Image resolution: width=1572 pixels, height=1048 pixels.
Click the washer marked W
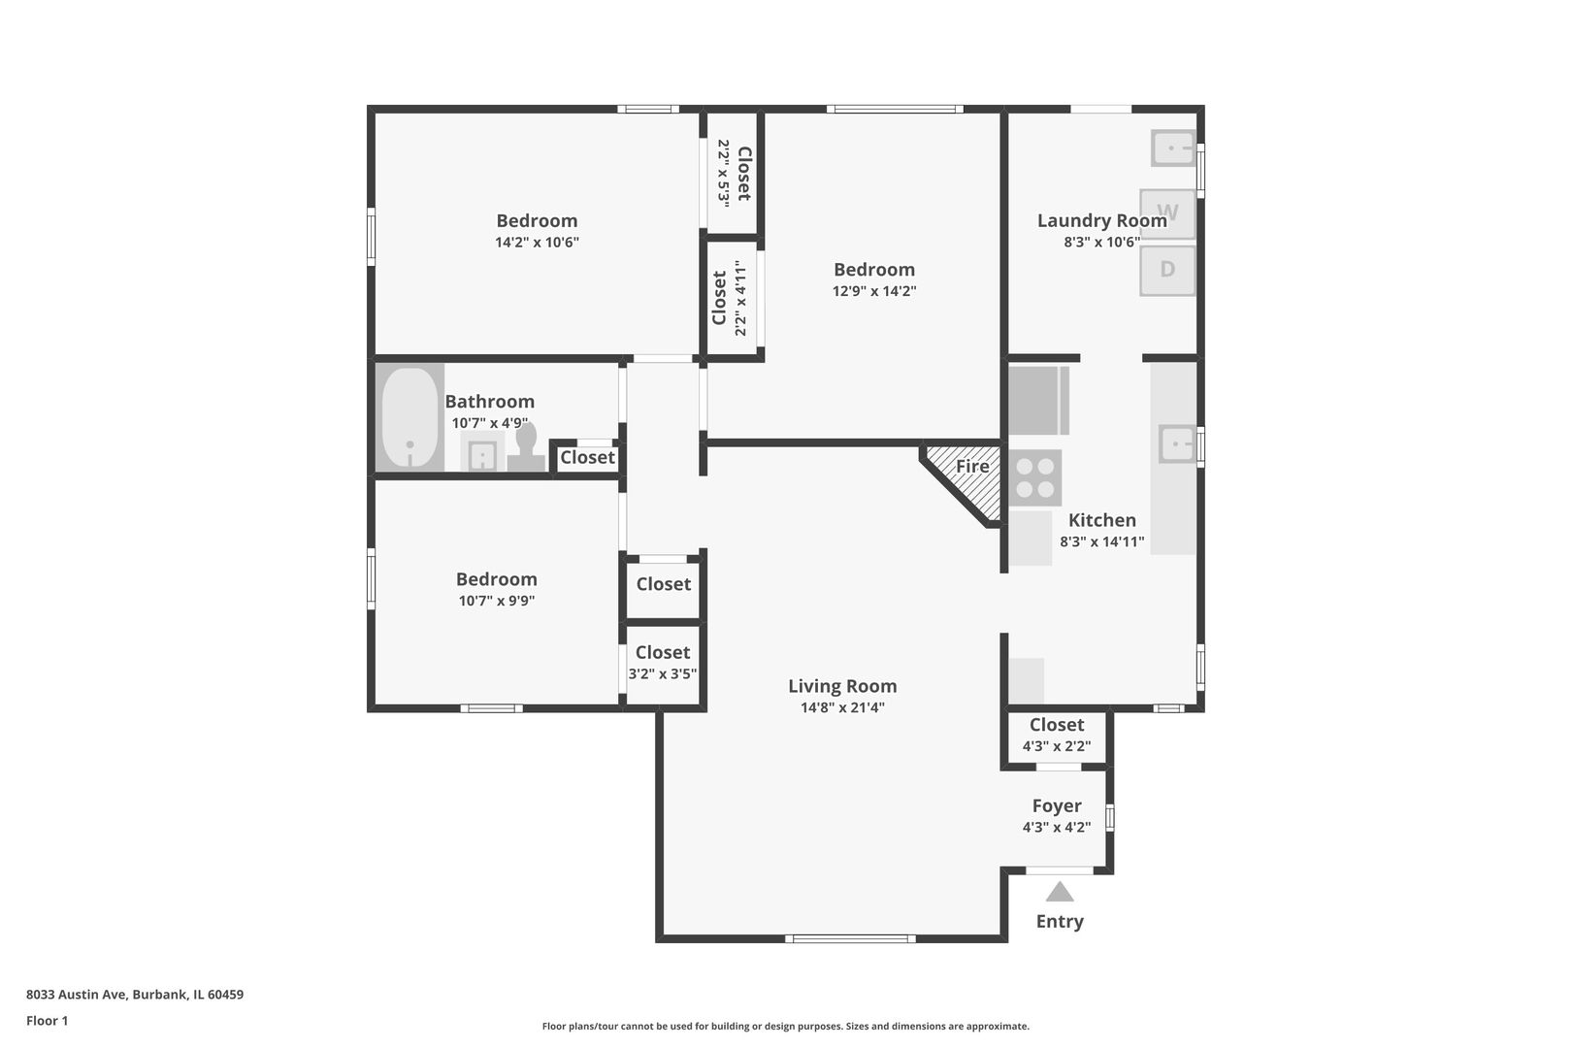coord(1167,213)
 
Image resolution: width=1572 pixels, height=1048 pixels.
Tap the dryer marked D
coord(1167,270)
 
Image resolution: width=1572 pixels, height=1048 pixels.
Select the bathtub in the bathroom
coord(409,418)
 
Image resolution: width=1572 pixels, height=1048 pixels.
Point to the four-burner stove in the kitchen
coord(1035,477)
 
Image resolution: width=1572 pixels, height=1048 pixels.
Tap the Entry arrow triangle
coord(1060,892)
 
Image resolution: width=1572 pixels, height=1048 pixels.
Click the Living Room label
coord(842,686)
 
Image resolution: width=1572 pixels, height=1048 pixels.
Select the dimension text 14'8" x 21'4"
coord(842,707)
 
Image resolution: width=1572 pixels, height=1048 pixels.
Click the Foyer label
coord(1057,805)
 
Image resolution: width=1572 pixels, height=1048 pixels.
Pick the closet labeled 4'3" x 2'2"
coord(1057,736)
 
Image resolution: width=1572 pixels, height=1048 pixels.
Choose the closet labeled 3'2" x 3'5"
coord(663,663)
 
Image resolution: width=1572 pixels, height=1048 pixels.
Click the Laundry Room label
coord(1101,220)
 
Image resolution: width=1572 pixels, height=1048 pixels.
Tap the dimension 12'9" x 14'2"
coord(874,291)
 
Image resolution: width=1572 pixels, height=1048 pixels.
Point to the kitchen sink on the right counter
coord(1177,444)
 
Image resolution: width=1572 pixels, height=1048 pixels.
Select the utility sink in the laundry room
coord(1173,148)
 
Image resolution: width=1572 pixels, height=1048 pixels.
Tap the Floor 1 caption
coord(48,1021)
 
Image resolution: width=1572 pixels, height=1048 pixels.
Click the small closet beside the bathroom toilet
coord(587,457)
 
